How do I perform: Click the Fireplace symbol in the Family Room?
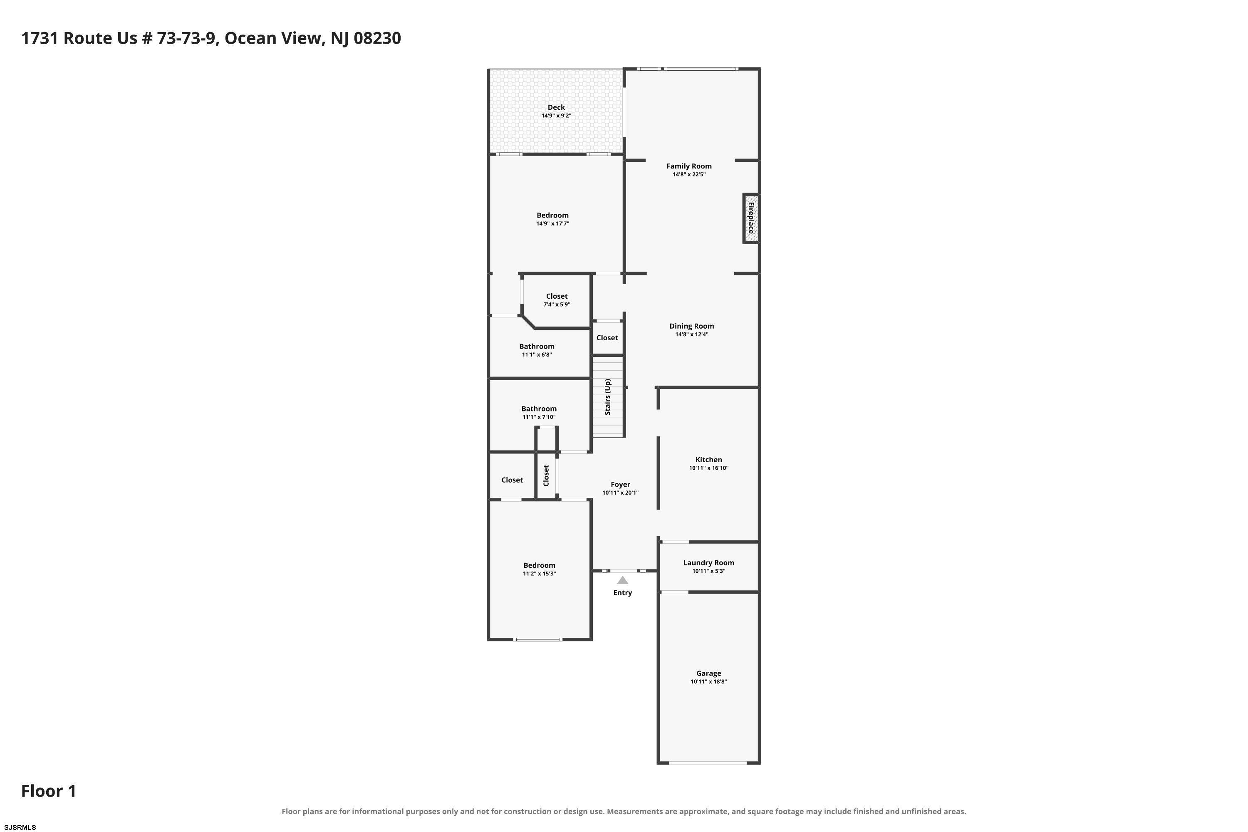coord(750,218)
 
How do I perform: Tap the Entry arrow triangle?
coord(622,580)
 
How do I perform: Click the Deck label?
coord(556,107)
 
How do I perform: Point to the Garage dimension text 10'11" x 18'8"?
coord(708,682)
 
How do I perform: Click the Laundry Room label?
coord(708,563)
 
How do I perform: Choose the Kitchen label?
coord(708,460)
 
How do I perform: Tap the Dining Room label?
coord(691,326)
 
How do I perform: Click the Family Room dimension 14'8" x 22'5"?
coord(689,175)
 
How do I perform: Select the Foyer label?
coord(620,485)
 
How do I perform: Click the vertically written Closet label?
coord(546,475)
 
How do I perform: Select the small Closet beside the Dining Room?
coord(607,338)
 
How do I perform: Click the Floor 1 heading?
coord(49,791)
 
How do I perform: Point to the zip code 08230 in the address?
coord(377,38)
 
